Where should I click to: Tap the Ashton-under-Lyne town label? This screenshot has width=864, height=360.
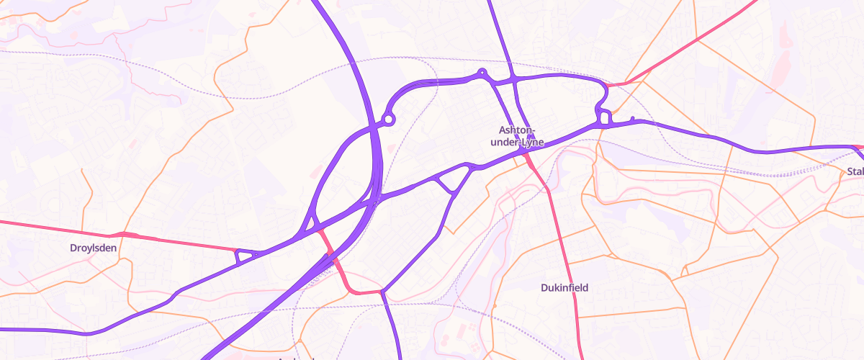click(518, 136)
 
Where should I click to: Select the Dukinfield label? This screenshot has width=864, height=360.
click(564, 288)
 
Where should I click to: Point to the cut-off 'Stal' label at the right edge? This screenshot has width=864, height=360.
click(855, 171)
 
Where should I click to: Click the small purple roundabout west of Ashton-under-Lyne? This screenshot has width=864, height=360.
click(389, 120)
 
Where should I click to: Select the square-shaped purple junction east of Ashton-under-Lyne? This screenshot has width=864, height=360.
click(604, 117)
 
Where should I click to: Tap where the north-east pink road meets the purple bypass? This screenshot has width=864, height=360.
click(609, 85)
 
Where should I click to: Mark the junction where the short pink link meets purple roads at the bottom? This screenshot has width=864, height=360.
click(381, 292)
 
